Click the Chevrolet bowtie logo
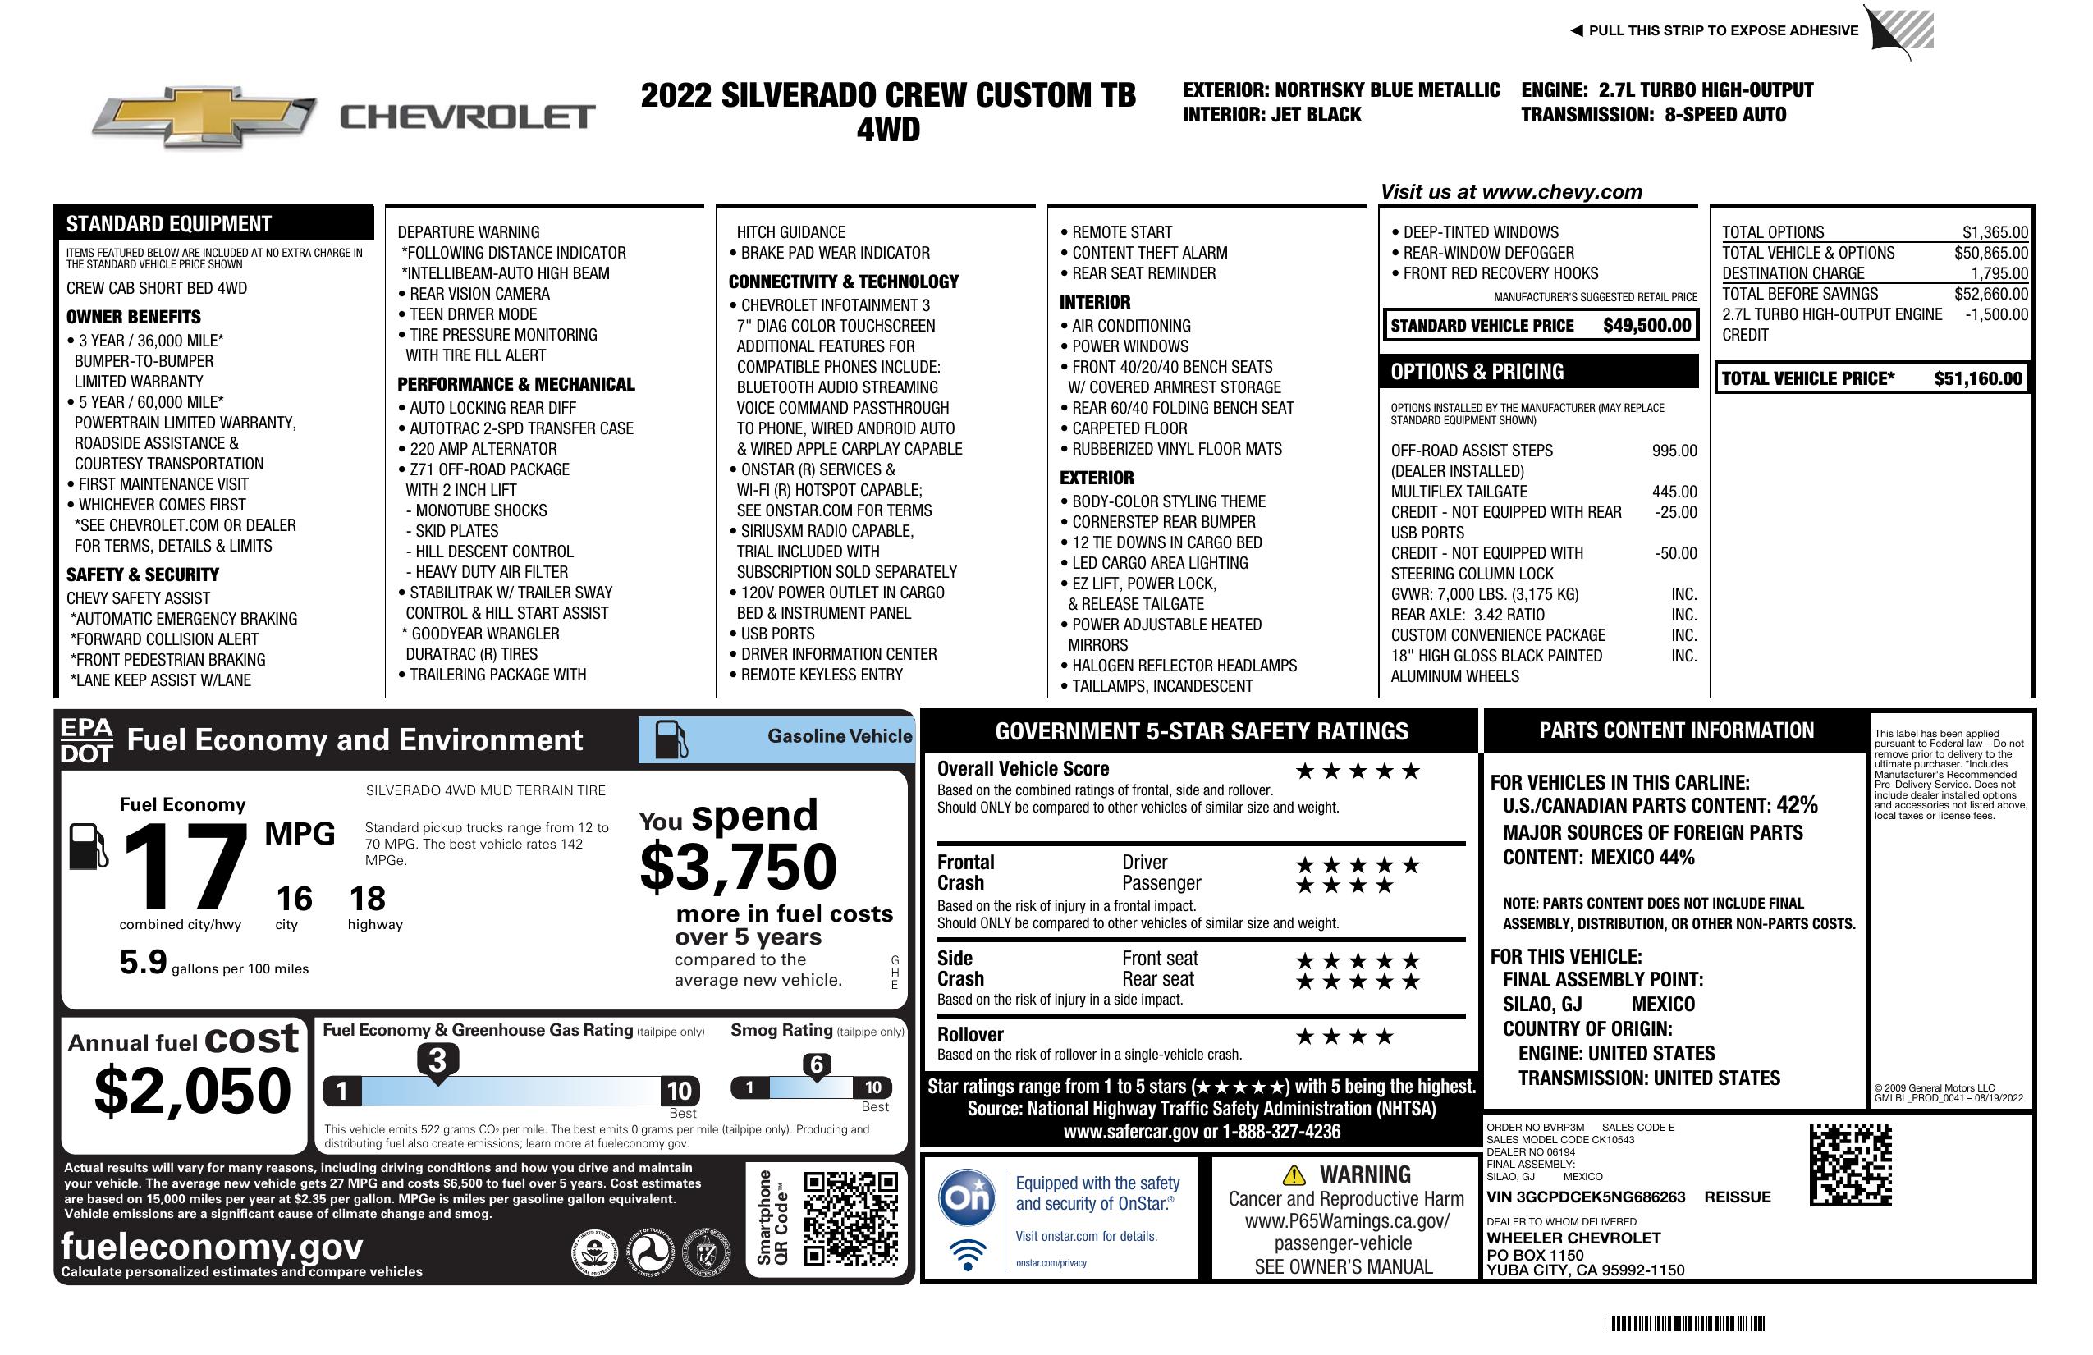[x=204, y=117]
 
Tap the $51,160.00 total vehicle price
[x=1978, y=379]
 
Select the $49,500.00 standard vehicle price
[x=1646, y=325]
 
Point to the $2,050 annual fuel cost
[x=192, y=1091]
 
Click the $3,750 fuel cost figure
[x=739, y=867]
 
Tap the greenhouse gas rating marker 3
[x=437, y=1060]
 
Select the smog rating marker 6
[x=816, y=1064]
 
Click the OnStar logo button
[x=968, y=1197]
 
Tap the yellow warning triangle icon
[x=1294, y=1174]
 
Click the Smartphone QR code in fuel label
[x=850, y=1218]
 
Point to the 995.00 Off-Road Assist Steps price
[x=1674, y=451]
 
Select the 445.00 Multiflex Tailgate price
[x=1674, y=492]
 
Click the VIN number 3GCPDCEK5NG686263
[x=1586, y=1197]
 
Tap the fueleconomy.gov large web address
[x=212, y=1247]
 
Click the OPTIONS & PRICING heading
[x=1477, y=372]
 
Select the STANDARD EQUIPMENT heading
[x=169, y=224]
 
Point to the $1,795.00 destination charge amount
[x=1999, y=273]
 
